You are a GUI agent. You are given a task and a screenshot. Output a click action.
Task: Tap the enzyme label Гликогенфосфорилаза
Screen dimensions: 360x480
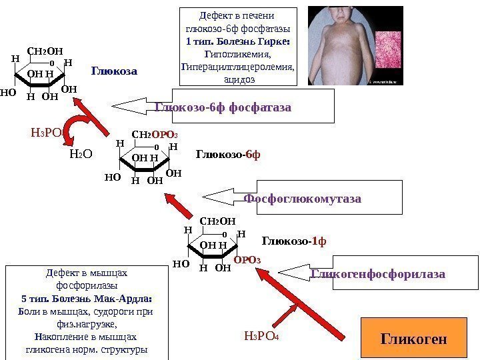click(x=378, y=273)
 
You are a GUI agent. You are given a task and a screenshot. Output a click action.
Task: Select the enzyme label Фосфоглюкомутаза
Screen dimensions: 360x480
click(x=302, y=199)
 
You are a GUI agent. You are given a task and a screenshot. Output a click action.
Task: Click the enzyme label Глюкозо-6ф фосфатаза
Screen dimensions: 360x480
click(x=223, y=107)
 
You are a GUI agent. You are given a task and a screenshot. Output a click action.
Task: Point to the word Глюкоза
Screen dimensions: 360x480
click(x=114, y=70)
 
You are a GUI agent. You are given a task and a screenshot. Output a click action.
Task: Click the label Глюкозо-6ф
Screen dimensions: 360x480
click(x=228, y=155)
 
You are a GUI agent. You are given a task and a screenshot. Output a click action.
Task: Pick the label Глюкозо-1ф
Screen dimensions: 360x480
click(x=295, y=239)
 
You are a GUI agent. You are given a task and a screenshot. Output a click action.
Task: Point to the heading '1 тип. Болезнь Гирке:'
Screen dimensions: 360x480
click(x=241, y=41)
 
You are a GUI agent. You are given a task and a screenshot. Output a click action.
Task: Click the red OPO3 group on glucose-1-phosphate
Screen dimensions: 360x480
click(x=247, y=259)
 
